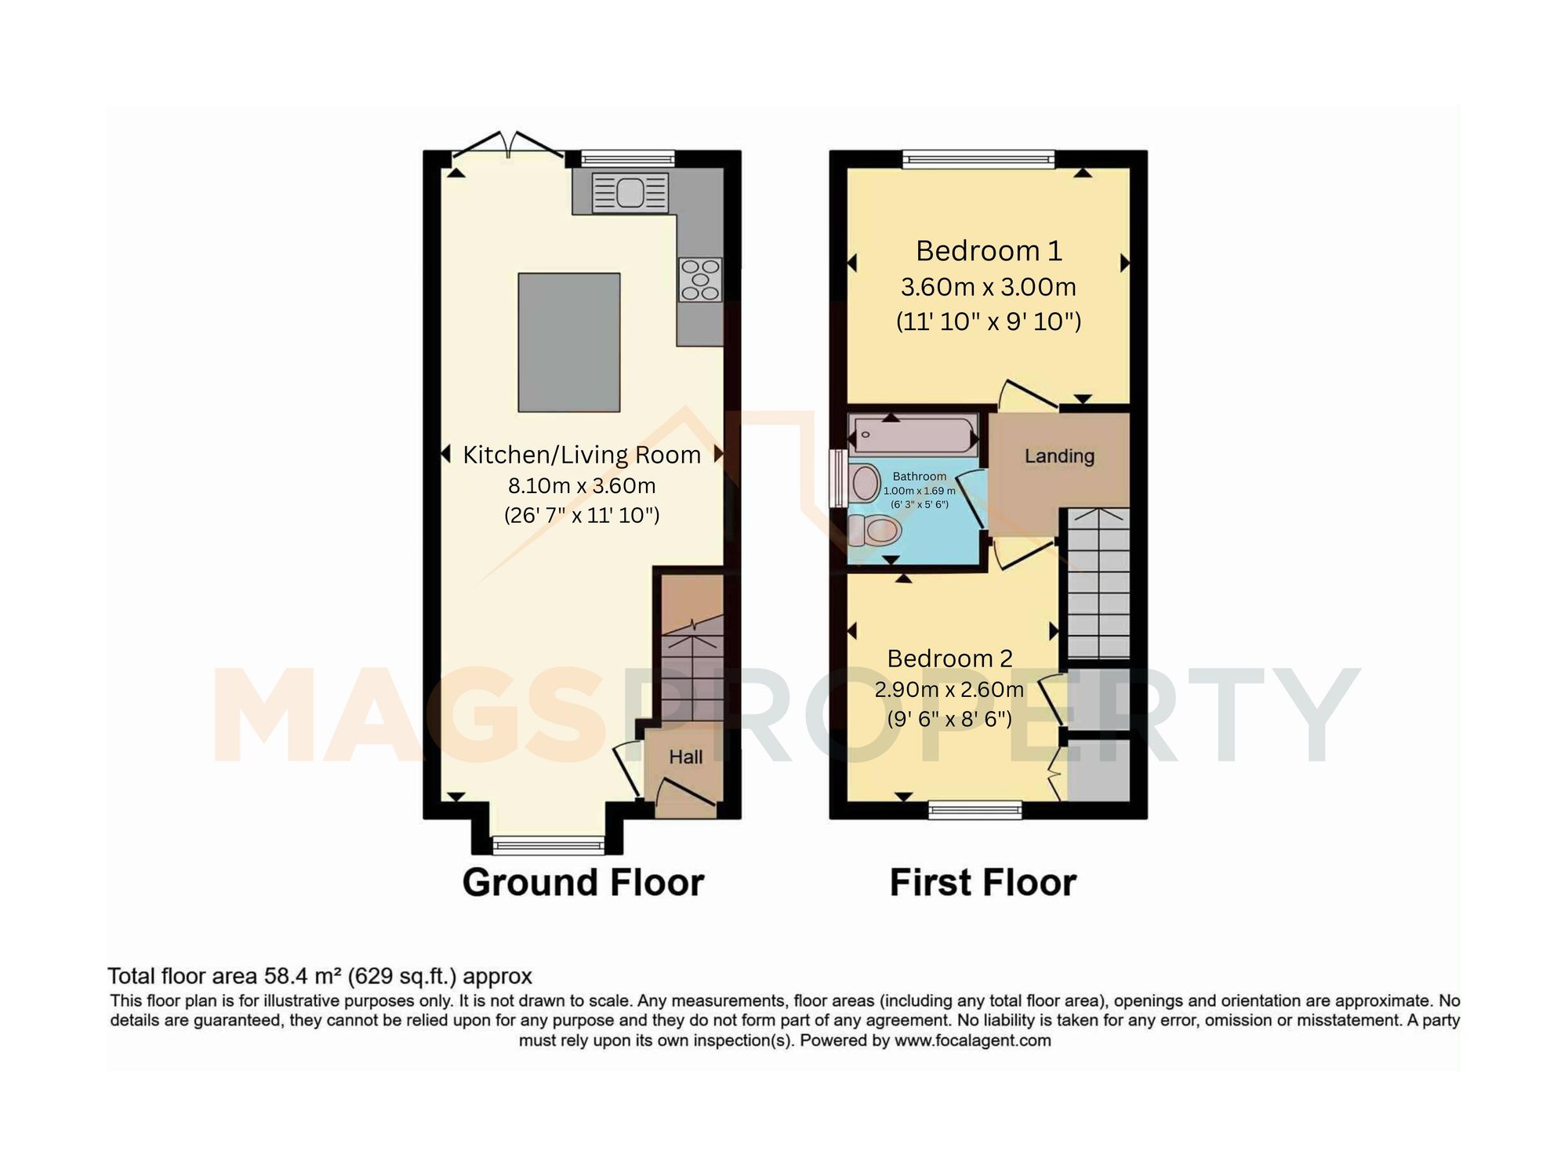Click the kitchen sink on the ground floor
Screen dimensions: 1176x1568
click(x=630, y=193)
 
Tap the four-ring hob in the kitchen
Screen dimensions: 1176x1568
click(x=700, y=279)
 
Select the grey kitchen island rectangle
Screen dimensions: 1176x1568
click(x=569, y=342)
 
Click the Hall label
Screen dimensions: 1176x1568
click(x=685, y=757)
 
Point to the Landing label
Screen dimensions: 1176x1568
click(x=1059, y=456)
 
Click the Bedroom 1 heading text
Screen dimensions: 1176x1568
click(x=989, y=251)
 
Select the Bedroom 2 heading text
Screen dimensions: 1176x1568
click(x=949, y=659)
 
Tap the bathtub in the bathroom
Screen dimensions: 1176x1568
click(x=914, y=434)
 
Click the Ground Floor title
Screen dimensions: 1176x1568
click(x=583, y=883)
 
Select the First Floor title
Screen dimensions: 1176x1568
click(x=982, y=883)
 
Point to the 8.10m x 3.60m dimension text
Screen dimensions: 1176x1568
click(x=582, y=486)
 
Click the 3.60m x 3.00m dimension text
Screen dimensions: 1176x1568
click(x=988, y=287)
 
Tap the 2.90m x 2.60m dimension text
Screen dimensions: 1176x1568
click(x=949, y=690)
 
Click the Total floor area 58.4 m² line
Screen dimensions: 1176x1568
click(x=320, y=977)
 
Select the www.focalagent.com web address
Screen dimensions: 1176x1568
click(x=972, y=1041)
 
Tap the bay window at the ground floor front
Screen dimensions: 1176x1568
click(x=548, y=844)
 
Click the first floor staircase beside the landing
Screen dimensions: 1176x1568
click(x=1096, y=583)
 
